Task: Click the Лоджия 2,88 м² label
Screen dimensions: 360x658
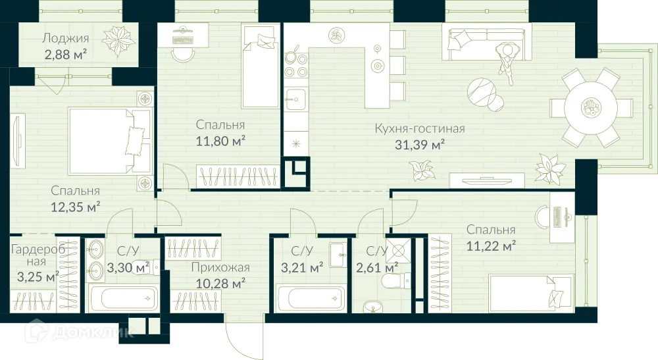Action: pyautogui.click(x=65, y=45)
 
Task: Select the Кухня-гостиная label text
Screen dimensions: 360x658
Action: pyautogui.click(x=419, y=128)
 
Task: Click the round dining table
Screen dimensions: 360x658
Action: pyautogui.click(x=590, y=107)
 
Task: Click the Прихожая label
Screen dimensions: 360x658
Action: pyautogui.click(x=220, y=267)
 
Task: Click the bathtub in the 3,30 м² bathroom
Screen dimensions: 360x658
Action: pyautogui.click(x=124, y=298)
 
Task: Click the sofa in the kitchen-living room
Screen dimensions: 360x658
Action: pyautogui.click(x=487, y=39)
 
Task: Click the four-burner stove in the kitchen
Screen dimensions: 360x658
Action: pyautogui.click(x=295, y=65)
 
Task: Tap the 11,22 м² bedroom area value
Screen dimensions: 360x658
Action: pyautogui.click(x=490, y=245)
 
